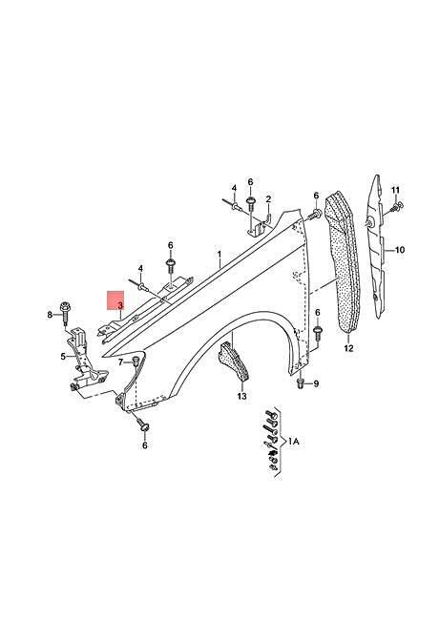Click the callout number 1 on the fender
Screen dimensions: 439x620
click(219, 254)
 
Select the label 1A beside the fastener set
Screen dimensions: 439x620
click(293, 442)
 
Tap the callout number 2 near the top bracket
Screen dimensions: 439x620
click(268, 199)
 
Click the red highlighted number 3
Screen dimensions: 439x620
click(120, 305)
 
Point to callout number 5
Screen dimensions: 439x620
click(63, 357)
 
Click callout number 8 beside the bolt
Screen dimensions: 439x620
click(50, 315)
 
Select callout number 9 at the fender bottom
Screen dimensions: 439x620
click(316, 383)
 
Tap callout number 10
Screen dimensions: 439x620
click(400, 250)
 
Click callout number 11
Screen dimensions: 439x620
click(395, 191)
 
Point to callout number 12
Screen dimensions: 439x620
click(348, 348)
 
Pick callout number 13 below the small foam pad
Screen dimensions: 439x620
click(241, 396)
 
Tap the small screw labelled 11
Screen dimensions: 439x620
click(396, 206)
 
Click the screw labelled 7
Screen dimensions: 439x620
click(136, 361)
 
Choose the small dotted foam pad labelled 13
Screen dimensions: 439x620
click(234, 362)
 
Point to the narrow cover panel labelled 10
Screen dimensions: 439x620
click(376, 245)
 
